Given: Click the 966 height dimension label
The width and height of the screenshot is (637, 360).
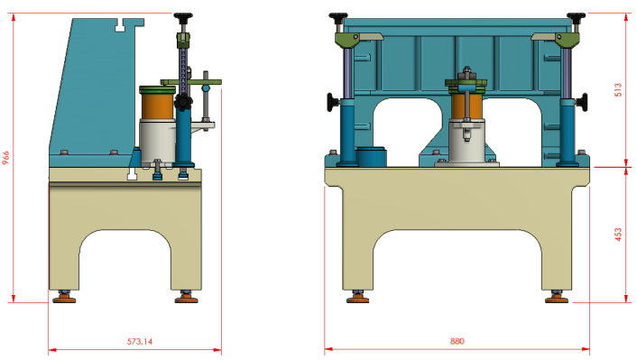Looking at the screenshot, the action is [x=5, y=158].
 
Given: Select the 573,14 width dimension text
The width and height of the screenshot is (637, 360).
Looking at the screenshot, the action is [x=140, y=342].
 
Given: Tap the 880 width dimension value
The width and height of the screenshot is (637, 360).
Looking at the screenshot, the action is [x=457, y=341].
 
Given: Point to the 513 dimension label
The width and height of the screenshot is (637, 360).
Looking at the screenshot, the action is [x=618, y=90].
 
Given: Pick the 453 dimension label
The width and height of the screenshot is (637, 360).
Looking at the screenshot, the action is [x=618, y=235].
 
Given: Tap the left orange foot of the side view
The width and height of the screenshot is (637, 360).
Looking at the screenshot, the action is [x=64, y=299].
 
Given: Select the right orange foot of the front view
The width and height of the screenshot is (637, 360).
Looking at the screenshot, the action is [x=557, y=299].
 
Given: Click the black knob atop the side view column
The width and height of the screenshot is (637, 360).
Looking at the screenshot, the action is [x=183, y=17].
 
